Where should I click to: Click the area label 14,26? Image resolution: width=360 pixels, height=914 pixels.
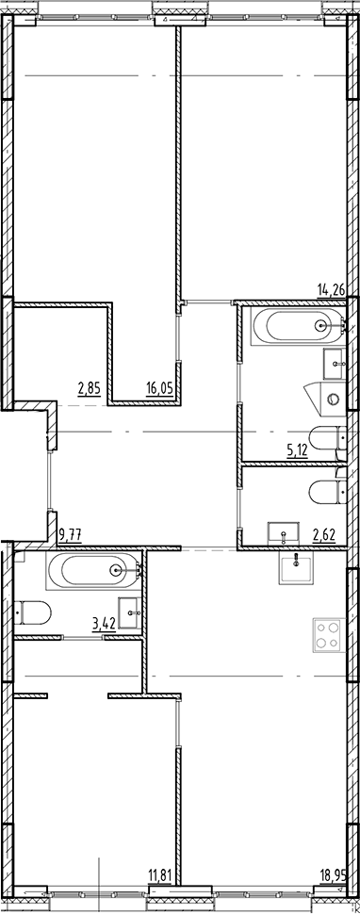coord(331,290)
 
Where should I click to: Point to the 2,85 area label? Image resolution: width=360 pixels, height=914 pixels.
coord(89,386)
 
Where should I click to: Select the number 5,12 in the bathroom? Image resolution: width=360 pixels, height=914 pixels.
coord(298,449)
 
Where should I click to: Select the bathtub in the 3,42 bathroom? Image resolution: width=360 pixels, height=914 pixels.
coord(92,568)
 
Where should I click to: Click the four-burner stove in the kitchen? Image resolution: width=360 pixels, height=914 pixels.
coord(326,633)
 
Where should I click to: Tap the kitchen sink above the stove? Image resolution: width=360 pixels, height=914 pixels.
coord(299,568)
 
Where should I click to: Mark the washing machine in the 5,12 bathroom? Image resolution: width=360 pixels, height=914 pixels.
coord(331,398)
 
